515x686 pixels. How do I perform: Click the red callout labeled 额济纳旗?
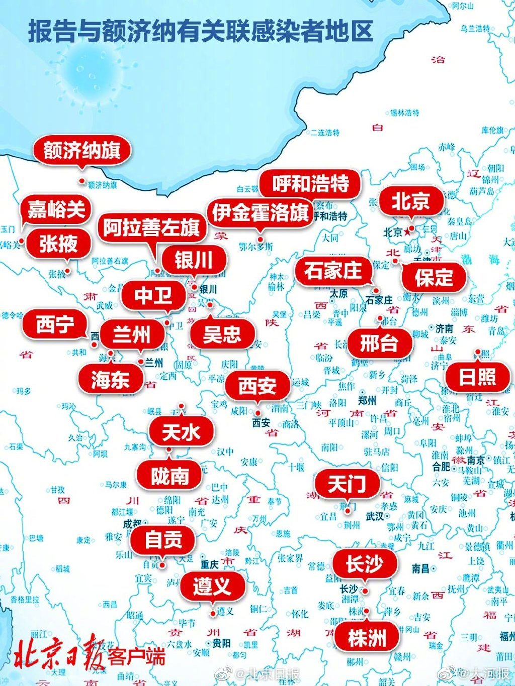(x=82, y=150)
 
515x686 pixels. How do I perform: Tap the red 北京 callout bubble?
(x=411, y=201)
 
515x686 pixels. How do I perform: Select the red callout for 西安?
(x=257, y=386)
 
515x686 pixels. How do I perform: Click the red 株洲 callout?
(x=367, y=638)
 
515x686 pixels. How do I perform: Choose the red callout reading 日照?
(x=477, y=377)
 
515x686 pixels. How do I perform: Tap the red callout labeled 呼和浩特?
(x=311, y=184)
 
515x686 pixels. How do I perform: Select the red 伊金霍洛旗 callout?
(x=260, y=213)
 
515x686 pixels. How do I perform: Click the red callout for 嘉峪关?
(x=56, y=209)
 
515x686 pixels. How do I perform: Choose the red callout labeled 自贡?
(x=163, y=540)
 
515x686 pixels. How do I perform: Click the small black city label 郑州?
(x=367, y=400)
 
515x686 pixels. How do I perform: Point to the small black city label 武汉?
(x=375, y=516)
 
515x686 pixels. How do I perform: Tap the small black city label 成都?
(x=132, y=524)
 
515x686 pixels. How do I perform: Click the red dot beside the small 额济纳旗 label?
(x=82, y=181)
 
